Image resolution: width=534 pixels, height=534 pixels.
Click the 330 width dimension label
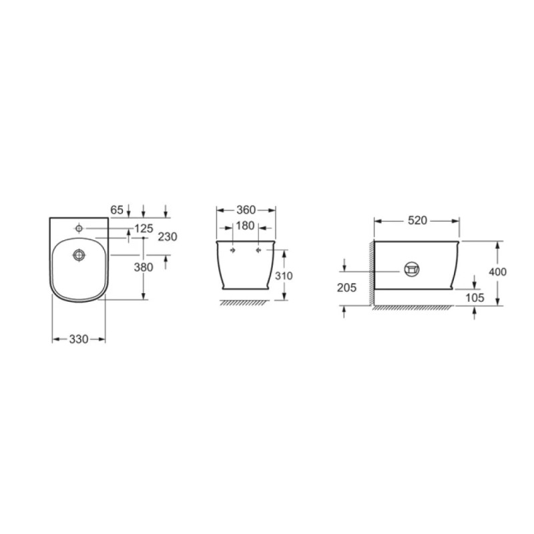click(79, 339)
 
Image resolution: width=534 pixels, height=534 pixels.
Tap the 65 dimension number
click(117, 210)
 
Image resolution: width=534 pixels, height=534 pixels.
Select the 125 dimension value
click(144, 228)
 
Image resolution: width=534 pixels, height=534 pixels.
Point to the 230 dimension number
click(168, 237)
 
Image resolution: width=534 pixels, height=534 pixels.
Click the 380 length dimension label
click(144, 268)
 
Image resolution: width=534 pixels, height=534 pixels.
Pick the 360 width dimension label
click(246, 210)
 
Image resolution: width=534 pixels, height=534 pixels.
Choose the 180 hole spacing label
click(245, 226)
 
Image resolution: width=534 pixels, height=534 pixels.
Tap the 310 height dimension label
click(284, 276)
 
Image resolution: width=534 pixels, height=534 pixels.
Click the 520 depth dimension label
click(417, 221)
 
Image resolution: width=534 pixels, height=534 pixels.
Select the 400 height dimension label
click(497, 272)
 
